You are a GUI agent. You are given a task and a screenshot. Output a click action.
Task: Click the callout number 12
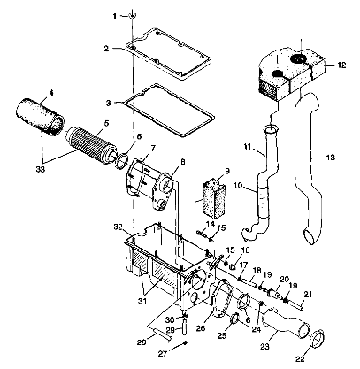click(341, 65)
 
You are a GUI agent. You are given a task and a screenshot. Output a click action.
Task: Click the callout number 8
click(184, 161)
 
